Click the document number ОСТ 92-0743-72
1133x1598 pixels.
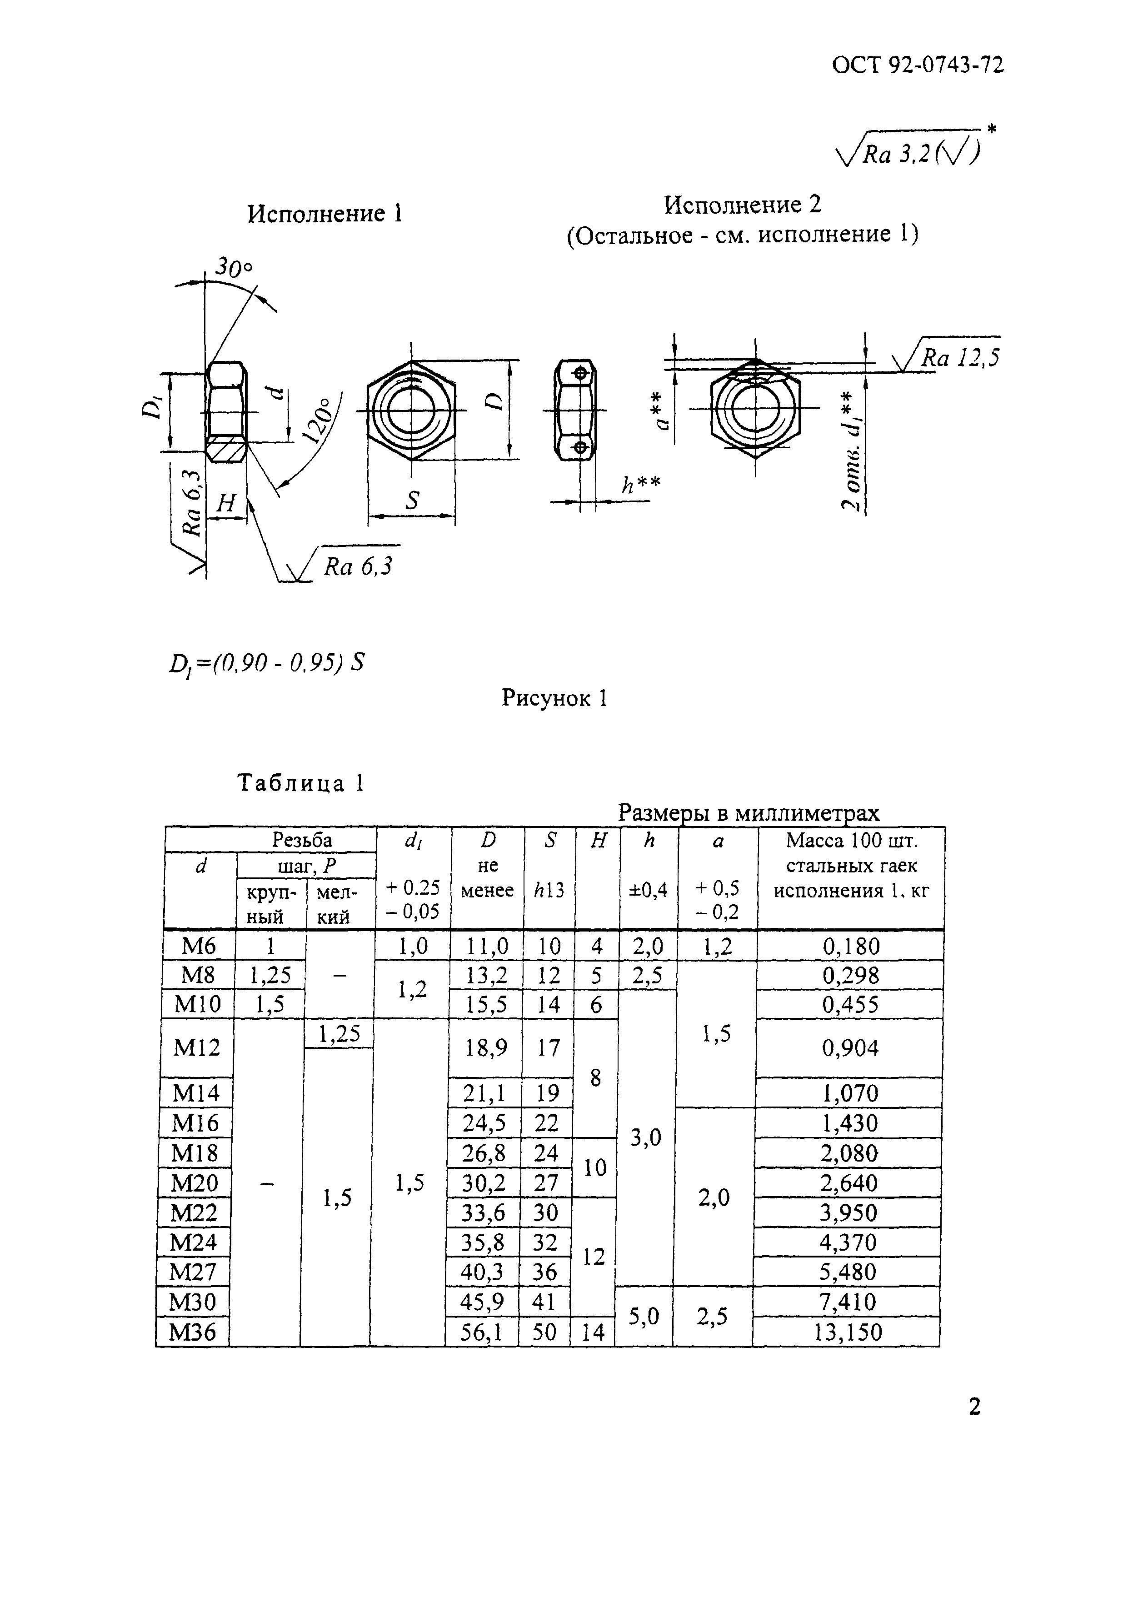(x=918, y=65)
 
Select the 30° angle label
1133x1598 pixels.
(x=233, y=267)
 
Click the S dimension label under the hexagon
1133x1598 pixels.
(x=412, y=500)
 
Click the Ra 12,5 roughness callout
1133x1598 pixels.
(x=960, y=358)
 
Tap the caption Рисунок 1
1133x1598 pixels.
(x=554, y=698)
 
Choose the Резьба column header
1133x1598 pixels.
(x=302, y=840)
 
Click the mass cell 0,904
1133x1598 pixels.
(x=850, y=1047)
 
